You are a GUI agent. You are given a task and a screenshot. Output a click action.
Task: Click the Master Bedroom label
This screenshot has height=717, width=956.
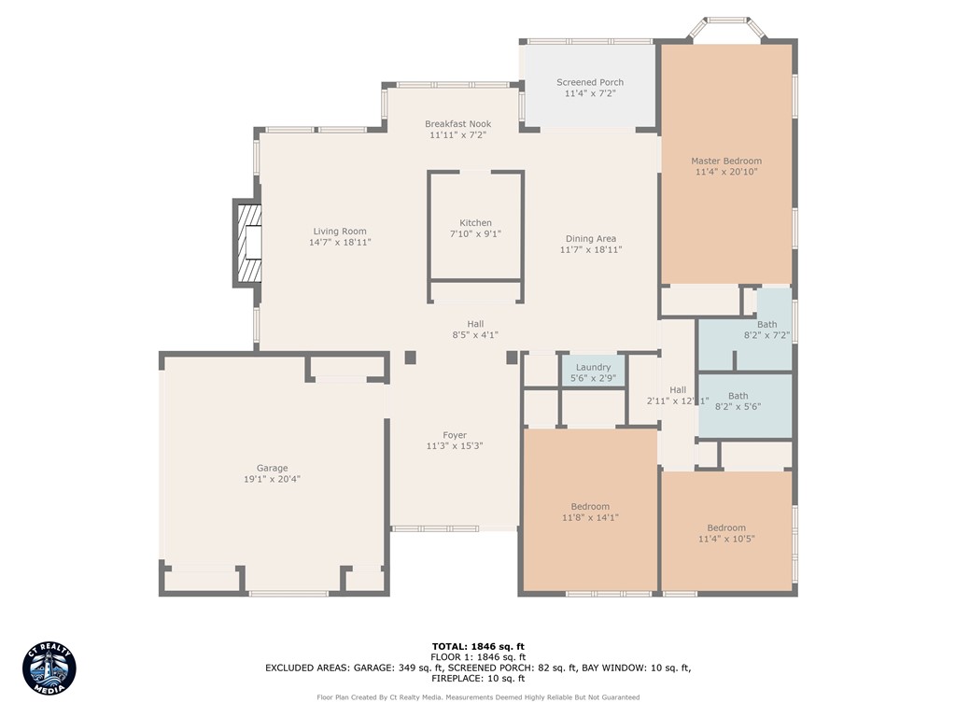[x=725, y=161]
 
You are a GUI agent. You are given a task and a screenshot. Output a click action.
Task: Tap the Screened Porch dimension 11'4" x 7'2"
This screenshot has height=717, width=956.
[x=590, y=94]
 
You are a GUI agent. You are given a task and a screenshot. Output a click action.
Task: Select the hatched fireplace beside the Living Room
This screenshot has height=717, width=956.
[x=248, y=243]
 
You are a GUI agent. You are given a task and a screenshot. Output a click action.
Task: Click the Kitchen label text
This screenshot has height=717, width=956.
[x=475, y=222]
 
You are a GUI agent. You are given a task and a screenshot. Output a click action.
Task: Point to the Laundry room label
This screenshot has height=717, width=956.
[x=593, y=367]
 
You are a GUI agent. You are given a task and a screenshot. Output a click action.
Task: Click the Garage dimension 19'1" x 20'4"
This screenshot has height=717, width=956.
[x=273, y=480]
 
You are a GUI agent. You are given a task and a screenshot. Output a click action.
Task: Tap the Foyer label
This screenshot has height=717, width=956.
[x=454, y=435]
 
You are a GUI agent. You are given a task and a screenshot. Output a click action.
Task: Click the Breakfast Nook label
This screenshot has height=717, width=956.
[x=457, y=123]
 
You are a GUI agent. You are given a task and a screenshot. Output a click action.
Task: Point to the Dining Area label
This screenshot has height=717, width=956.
[x=590, y=238]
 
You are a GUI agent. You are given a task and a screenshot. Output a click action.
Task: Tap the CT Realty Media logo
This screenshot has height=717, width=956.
[x=49, y=668]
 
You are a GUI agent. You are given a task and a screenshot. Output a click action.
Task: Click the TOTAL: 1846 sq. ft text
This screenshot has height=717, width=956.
[x=477, y=646]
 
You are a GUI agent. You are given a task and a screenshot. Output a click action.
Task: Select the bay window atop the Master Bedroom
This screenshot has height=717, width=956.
[x=725, y=25]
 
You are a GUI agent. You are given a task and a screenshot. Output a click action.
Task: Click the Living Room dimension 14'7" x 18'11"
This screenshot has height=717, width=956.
[x=340, y=243]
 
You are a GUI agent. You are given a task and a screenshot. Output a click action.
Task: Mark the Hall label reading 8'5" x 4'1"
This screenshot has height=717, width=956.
[x=475, y=335]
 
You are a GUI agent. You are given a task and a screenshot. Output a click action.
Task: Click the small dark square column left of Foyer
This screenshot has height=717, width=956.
[x=411, y=358]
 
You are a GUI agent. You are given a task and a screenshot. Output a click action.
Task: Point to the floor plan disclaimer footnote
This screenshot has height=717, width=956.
[x=477, y=697]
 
